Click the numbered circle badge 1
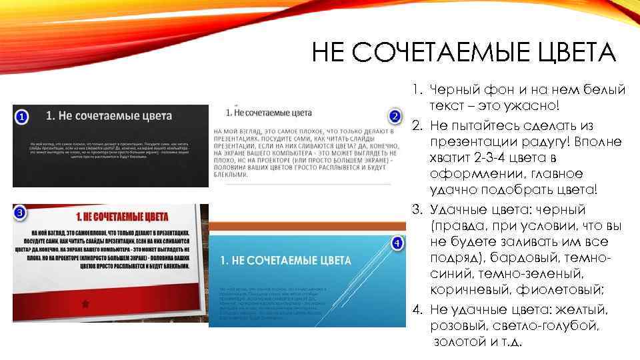click(22, 118)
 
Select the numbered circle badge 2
click(395, 117)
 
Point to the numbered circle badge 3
click(21, 213)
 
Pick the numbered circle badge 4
click(396, 243)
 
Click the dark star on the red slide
click(85, 303)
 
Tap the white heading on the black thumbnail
click(109, 115)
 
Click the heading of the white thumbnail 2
click(273, 112)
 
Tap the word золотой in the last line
click(461, 342)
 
